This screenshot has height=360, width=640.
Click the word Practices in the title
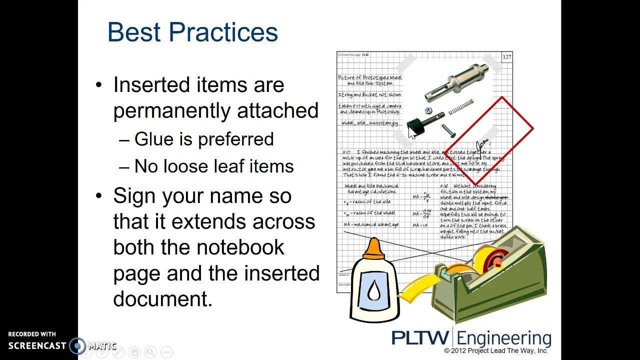pyautogui.click(x=223, y=32)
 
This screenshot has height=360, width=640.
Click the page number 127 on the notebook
pyautogui.click(x=506, y=57)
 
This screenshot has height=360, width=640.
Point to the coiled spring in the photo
pyautogui.click(x=460, y=106)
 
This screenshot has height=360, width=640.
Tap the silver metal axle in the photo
pyautogui.click(x=456, y=80)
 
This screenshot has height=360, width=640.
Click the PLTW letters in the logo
pyautogui.click(x=421, y=338)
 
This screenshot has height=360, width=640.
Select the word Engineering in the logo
pyautogui.click(x=505, y=338)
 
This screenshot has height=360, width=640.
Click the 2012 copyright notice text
pyautogui.click(x=496, y=351)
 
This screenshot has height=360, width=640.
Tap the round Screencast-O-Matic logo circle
pyautogui.click(x=77, y=345)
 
